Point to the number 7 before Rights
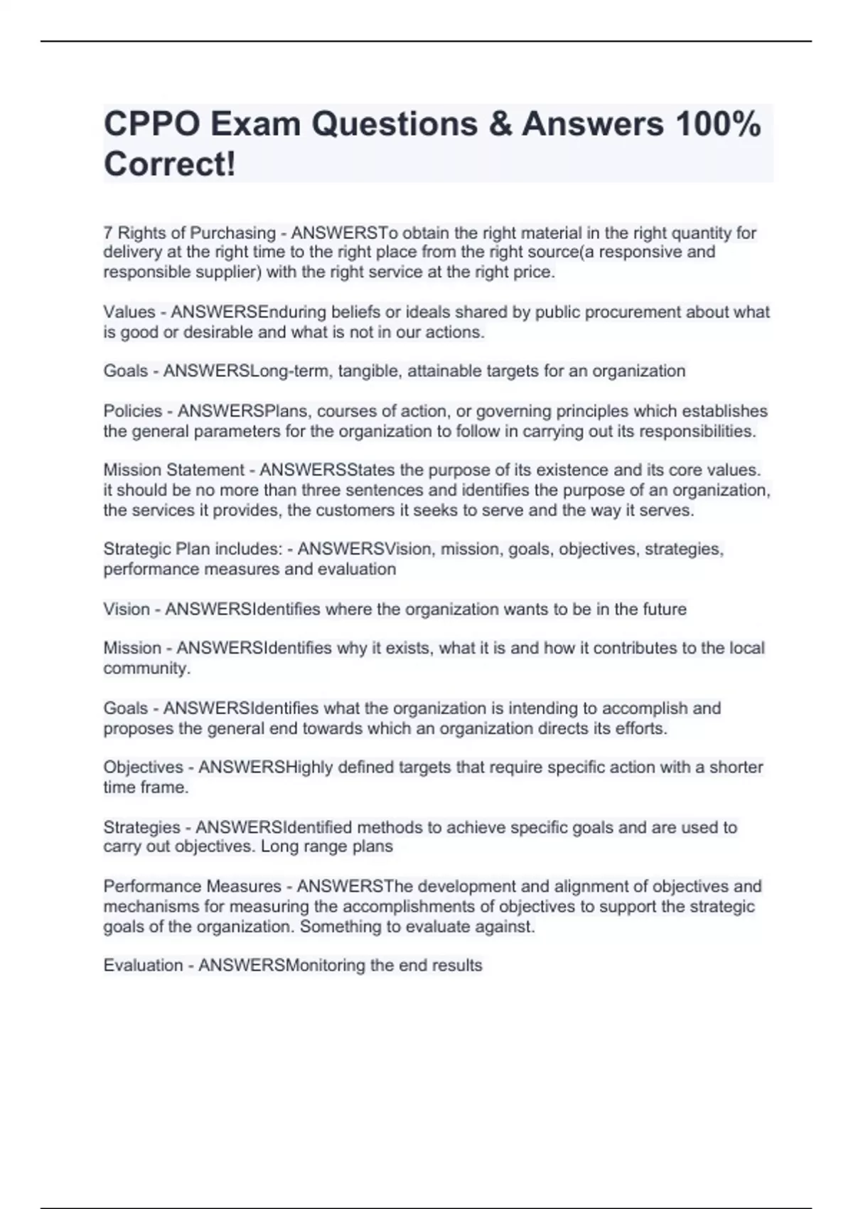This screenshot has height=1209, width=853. click(108, 233)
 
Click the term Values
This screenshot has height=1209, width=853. click(129, 311)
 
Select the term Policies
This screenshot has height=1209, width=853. click(133, 411)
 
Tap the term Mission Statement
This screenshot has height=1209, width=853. click(174, 470)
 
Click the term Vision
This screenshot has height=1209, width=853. click(127, 609)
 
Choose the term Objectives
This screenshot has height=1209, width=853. click(144, 767)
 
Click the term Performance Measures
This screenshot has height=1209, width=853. click(193, 886)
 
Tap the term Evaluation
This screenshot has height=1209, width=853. click(144, 965)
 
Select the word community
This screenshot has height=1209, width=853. click(146, 669)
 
